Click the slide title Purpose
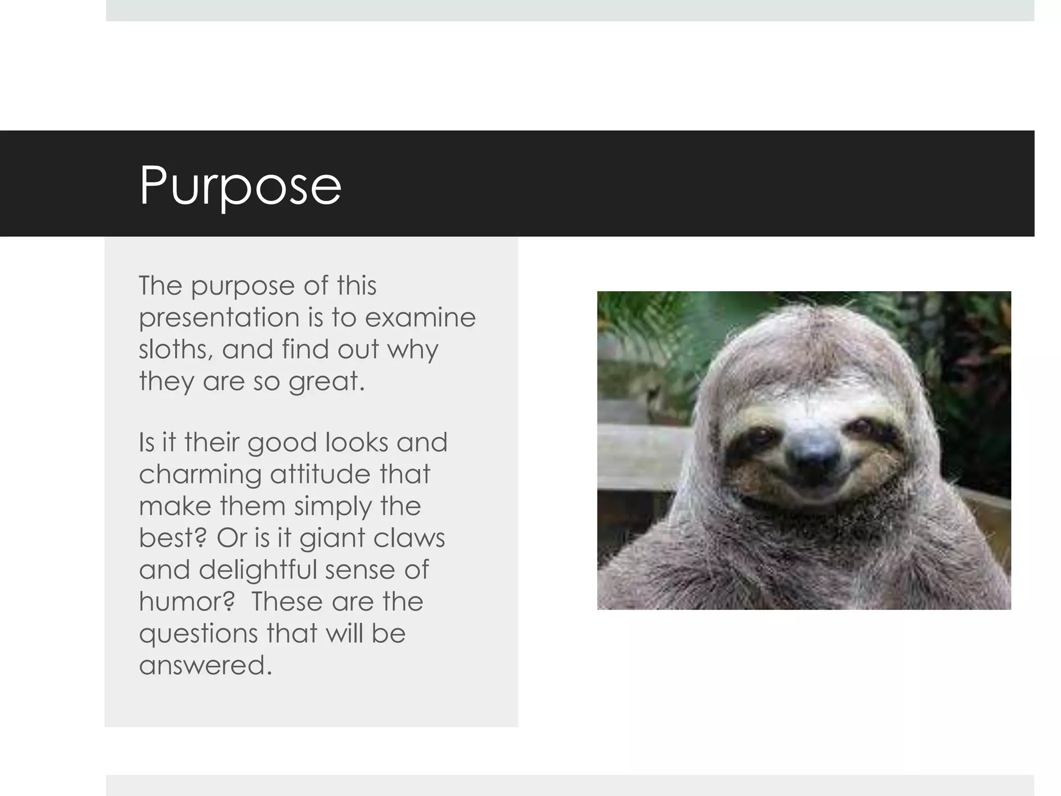click(240, 186)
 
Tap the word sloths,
click(176, 349)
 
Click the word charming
click(200, 475)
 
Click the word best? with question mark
click(173, 537)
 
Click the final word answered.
click(205, 665)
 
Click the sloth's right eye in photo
click(862, 427)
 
